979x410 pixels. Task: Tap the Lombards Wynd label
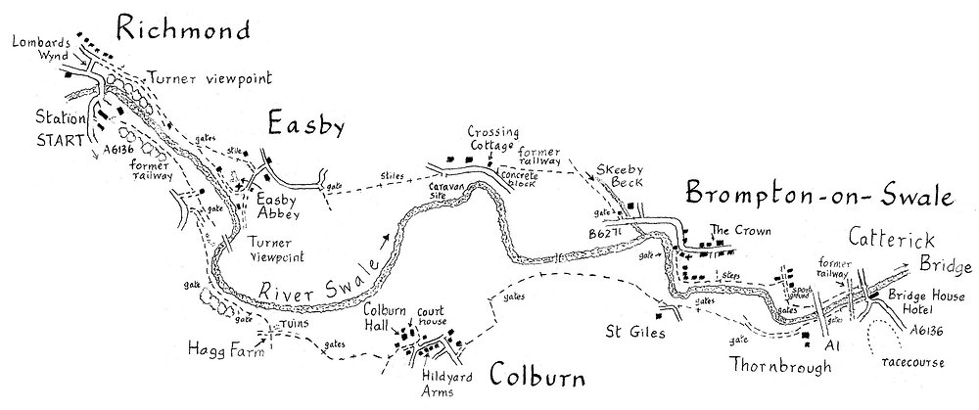tap(37, 49)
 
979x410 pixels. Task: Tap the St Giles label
tap(634, 333)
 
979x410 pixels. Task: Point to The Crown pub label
tap(733, 231)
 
